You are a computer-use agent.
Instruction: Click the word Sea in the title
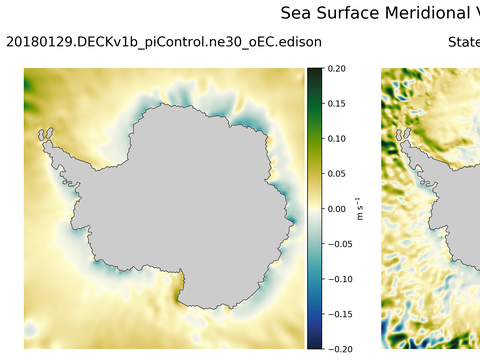tap(297, 13)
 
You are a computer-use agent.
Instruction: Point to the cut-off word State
tap(463, 42)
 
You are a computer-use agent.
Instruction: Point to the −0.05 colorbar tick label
tap(341, 244)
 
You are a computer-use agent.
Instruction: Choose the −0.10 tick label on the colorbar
tap(341, 279)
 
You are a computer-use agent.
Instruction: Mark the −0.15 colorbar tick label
tap(341, 314)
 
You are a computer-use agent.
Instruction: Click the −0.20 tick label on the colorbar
tap(341, 349)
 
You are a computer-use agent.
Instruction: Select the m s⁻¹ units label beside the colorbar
tap(362, 209)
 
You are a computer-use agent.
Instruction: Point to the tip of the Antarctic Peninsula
tap(43, 132)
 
